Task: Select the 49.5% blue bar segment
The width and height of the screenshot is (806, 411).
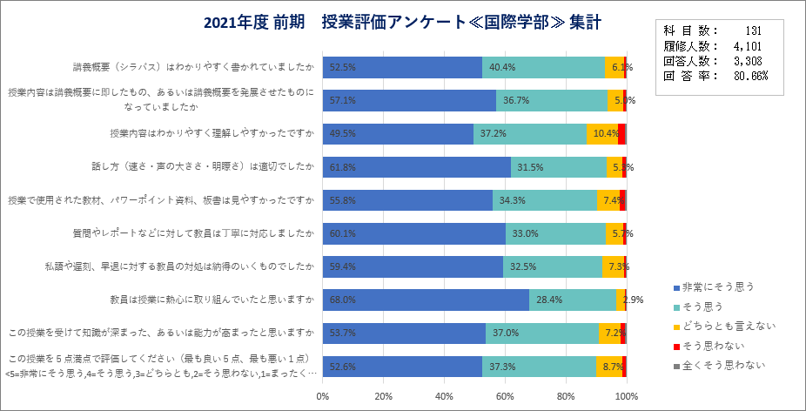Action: click(398, 133)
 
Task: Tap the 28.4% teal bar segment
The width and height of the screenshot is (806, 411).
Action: click(572, 300)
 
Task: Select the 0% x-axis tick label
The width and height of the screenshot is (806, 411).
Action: click(323, 397)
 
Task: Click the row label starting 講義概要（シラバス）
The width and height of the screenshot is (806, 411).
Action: click(193, 66)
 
